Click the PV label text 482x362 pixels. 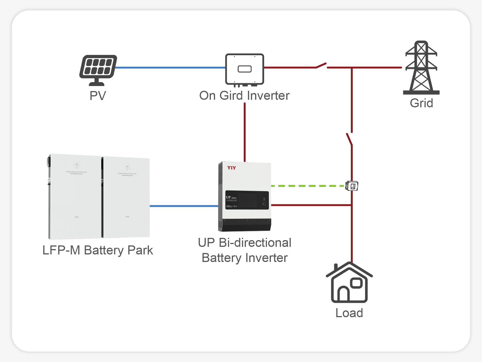pyautogui.click(x=98, y=96)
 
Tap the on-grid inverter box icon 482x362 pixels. pyautogui.click(x=245, y=69)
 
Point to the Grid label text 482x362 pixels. pyautogui.click(x=421, y=103)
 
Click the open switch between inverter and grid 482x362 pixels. pyautogui.click(x=321, y=66)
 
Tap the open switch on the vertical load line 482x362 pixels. pyautogui.click(x=349, y=139)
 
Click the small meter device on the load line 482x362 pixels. pyautogui.click(x=352, y=186)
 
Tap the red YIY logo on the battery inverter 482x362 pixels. pyautogui.click(x=231, y=168)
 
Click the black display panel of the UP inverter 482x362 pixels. pyautogui.click(x=247, y=200)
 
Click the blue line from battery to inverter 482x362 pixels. pyautogui.click(x=184, y=206)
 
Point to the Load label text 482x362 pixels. pyautogui.click(x=349, y=313)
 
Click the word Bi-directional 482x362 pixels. pyautogui.click(x=255, y=243)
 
